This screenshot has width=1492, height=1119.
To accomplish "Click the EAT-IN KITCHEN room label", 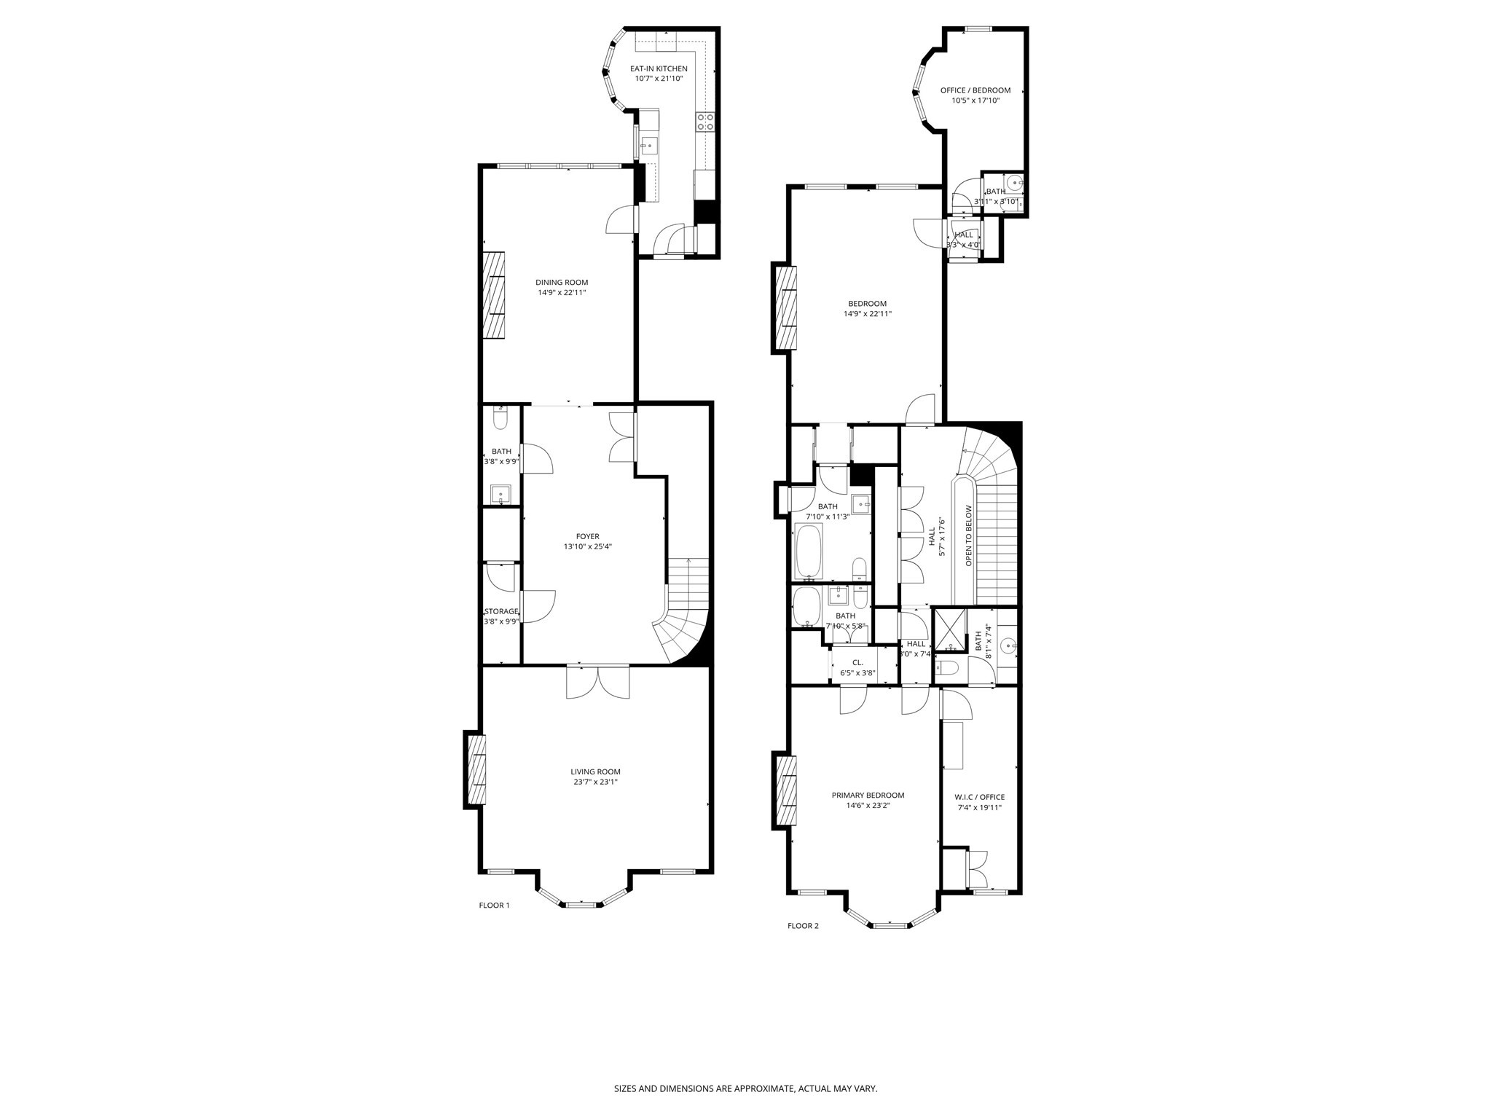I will coord(659,68).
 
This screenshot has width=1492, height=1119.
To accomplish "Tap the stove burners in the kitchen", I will coord(704,122).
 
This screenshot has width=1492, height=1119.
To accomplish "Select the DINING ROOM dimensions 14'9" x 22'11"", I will coord(561,293).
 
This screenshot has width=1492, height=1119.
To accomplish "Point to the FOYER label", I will coord(587,536).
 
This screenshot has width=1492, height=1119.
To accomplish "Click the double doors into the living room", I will coord(597,682).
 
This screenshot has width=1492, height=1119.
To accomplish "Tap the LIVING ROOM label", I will coord(595,771).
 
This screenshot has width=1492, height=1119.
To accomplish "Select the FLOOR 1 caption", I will coord(494,906).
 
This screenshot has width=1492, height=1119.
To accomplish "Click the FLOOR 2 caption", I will coord(803,926).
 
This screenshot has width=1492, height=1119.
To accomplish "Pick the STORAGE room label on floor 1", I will coord(501,611).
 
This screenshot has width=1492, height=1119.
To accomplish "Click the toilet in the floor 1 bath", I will coord(500,419).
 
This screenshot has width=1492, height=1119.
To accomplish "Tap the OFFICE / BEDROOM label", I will coord(975,90).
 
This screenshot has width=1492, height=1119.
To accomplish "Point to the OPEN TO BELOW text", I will coord(969,535).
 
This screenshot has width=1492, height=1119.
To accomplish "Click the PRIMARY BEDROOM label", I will coord(868,796).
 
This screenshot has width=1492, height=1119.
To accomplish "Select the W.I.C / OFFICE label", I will coord(979,797).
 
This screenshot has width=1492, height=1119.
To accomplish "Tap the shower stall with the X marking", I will coord(950,629).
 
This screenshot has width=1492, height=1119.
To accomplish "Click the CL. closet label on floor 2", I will coord(857,662).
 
